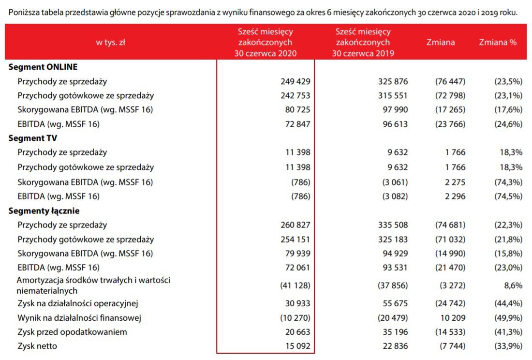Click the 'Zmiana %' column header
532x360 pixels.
(x=498, y=42)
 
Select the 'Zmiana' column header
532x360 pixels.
(x=441, y=42)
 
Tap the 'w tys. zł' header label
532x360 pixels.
(x=111, y=42)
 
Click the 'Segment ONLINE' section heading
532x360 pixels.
(x=43, y=67)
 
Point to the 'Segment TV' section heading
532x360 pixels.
(x=33, y=138)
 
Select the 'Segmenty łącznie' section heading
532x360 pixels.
(x=44, y=211)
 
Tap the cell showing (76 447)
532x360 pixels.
(x=450, y=81)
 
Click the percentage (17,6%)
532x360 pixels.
(x=508, y=110)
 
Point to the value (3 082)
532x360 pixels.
(x=393, y=196)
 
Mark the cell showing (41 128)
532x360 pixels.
(x=295, y=285)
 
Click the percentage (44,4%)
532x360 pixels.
(x=508, y=304)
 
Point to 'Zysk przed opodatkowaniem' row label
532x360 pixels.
(x=72, y=332)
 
